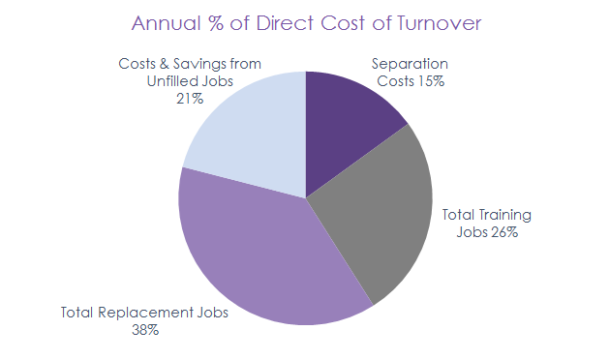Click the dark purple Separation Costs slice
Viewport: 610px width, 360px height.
349,116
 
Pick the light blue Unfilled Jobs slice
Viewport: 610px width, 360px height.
247,135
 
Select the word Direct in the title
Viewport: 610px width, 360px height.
294,22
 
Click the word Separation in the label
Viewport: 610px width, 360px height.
410,65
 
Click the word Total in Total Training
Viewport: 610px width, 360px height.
460,215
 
